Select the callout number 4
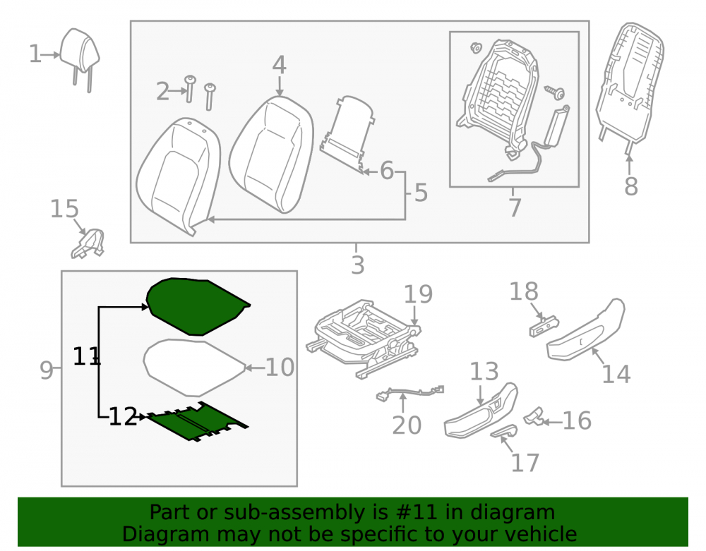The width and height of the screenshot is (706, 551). [279, 65]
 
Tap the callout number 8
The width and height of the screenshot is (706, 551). [630, 186]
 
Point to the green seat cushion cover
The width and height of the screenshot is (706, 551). [198, 306]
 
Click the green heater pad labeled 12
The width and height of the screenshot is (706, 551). [197, 421]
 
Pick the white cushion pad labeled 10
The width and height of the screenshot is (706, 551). [195, 368]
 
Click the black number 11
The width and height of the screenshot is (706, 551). [86, 356]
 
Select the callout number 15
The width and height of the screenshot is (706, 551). [64, 209]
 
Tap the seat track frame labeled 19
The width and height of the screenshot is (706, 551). [364, 337]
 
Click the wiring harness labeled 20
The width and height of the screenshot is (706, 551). [409, 392]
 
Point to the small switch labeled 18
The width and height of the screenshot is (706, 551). [544, 326]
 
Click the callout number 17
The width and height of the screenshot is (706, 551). [525, 463]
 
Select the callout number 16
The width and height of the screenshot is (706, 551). [578, 420]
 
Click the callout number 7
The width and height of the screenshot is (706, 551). [515, 207]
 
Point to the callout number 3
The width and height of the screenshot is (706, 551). [357, 265]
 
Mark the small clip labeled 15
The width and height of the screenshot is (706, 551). [88, 243]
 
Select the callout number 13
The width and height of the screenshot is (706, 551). [484, 372]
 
